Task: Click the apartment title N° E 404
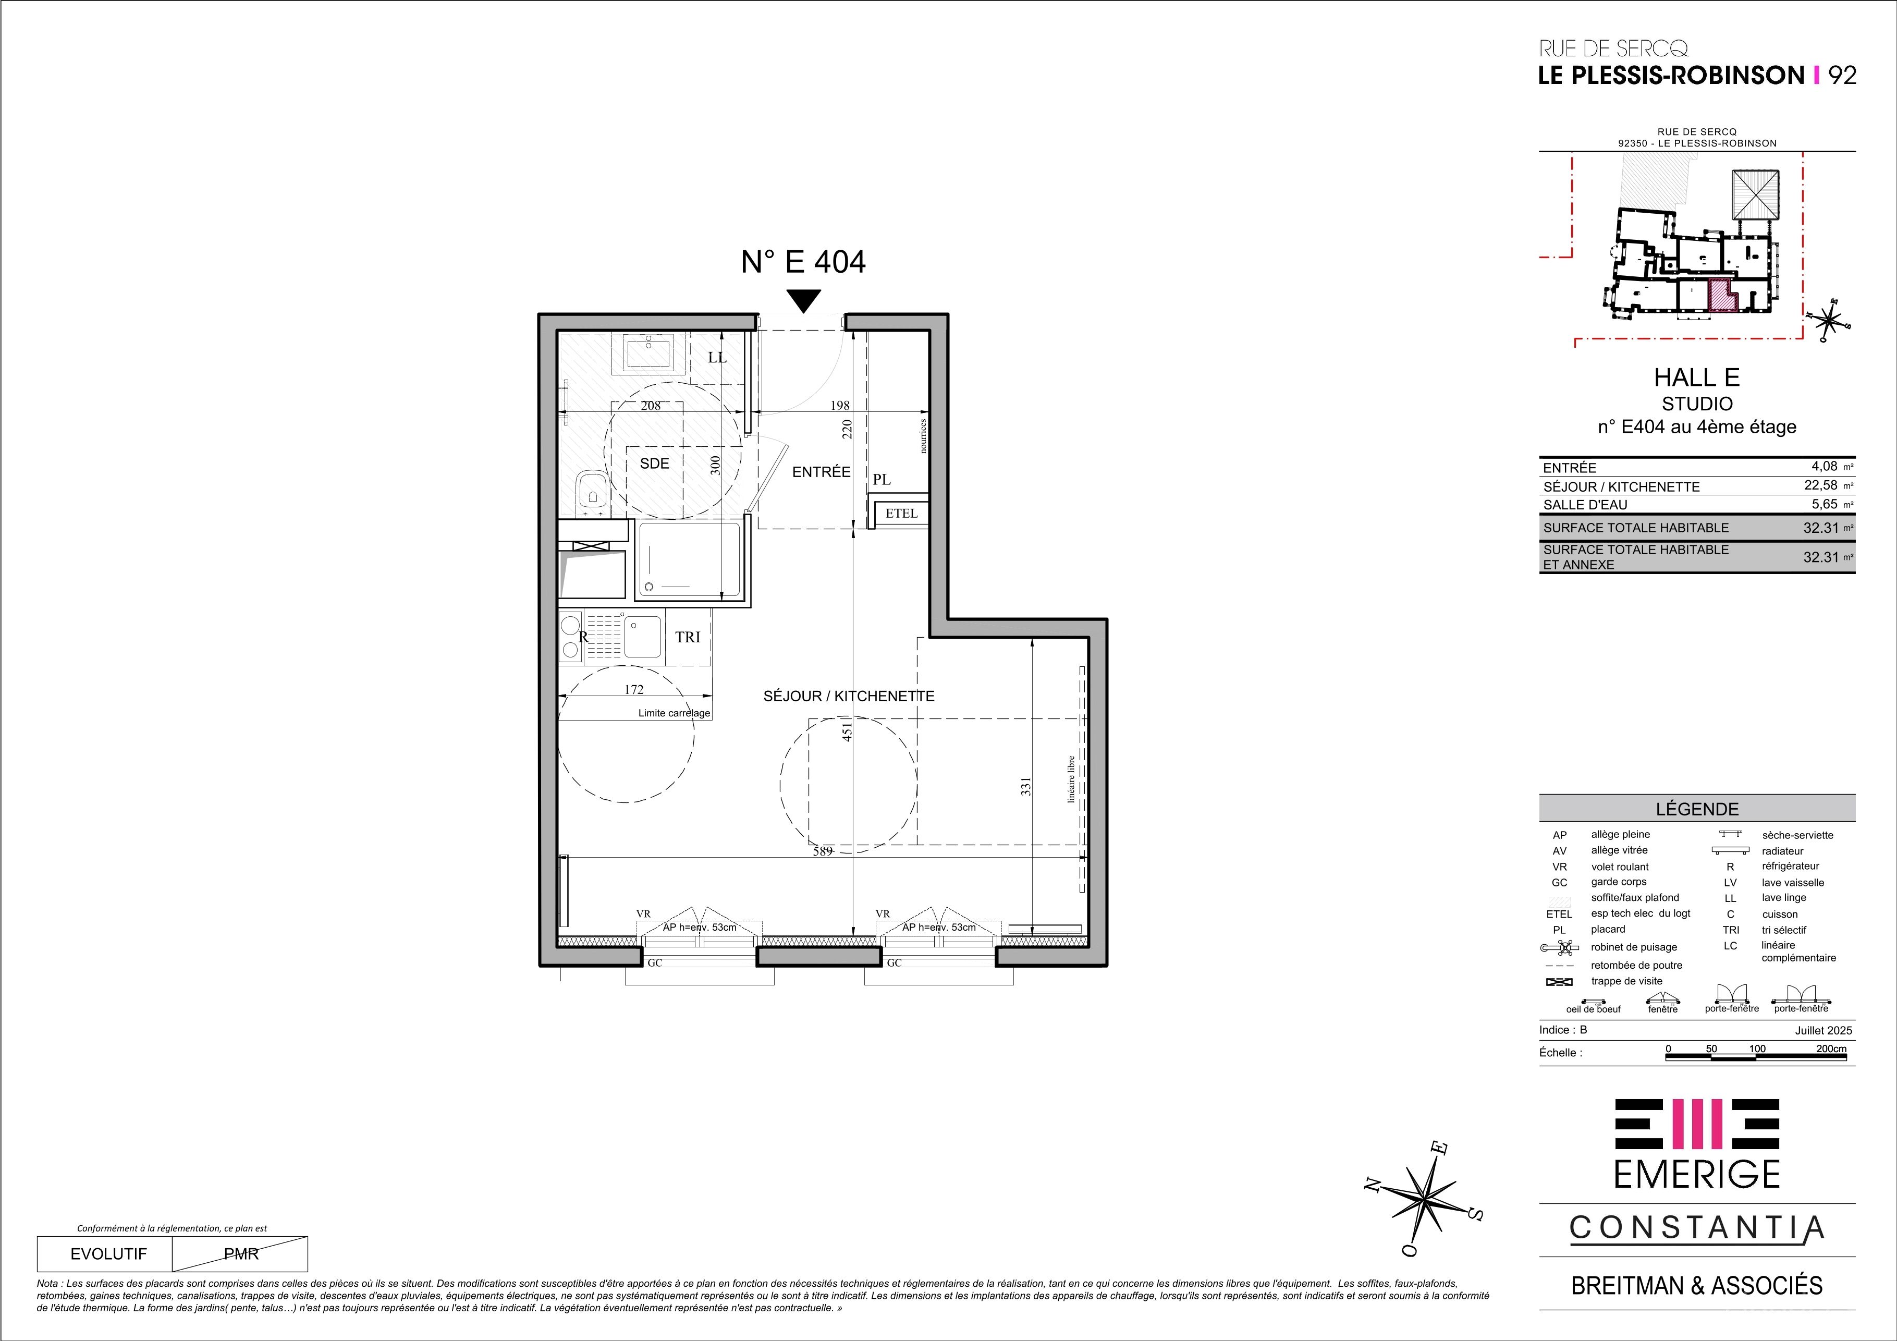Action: point(803,262)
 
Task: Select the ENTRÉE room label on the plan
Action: point(821,472)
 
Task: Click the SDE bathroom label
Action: point(654,464)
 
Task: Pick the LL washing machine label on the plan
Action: point(717,358)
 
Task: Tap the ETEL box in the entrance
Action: point(901,513)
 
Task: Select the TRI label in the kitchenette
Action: point(688,637)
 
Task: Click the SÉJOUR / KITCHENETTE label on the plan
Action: point(849,697)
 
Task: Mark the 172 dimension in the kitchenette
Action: point(634,689)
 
